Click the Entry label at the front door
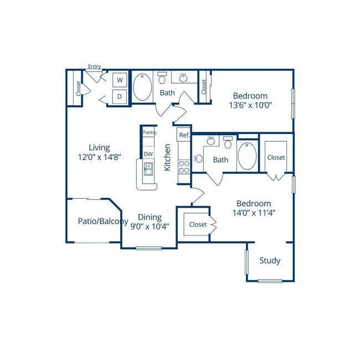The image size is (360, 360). click(x=94, y=66)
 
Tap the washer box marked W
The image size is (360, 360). click(x=120, y=80)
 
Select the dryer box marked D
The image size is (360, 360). click(x=120, y=96)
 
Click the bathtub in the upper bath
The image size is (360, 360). click(x=142, y=87)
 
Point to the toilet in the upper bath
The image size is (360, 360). click(x=162, y=78)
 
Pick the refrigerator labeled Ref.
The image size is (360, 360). click(x=184, y=135)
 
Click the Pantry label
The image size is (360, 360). click(x=150, y=132)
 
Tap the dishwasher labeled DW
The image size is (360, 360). click(x=148, y=154)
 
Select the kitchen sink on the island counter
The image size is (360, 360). click(x=148, y=169)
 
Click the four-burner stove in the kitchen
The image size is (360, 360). click(x=184, y=167)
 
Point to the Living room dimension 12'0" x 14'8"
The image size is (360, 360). click(x=99, y=157)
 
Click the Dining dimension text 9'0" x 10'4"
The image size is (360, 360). click(x=150, y=227)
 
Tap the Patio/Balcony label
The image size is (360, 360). click(x=103, y=221)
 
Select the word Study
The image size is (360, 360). click(x=270, y=261)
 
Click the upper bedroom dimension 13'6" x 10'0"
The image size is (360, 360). click(x=250, y=105)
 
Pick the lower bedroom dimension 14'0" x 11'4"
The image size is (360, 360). click(x=254, y=213)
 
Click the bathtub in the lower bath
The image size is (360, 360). click(x=247, y=156)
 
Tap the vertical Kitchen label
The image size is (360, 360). click(x=167, y=157)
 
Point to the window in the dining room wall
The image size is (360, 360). click(x=149, y=248)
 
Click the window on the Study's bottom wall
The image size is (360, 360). click(x=270, y=281)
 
